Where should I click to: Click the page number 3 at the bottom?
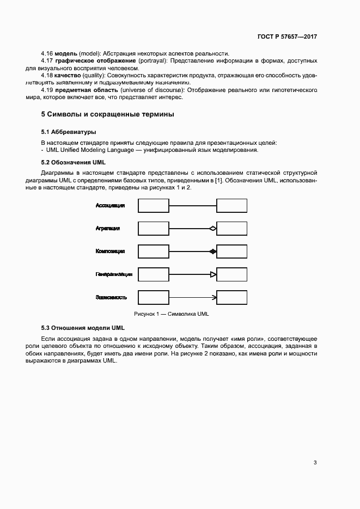tap(315, 463)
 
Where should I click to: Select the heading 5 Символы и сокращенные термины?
tap(108, 115)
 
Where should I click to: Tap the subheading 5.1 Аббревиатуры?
tap(69, 132)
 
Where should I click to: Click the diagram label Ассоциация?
tap(111, 206)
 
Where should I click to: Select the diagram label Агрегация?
tap(108, 229)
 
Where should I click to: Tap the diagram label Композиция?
tap(110, 252)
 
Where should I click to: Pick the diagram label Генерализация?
tap(114, 275)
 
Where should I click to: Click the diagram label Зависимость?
tap(112, 298)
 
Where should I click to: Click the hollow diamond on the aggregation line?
tap(213, 229)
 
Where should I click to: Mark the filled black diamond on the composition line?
tap(213, 252)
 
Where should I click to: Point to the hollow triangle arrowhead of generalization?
tap(213, 275)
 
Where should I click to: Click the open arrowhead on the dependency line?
tap(214, 298)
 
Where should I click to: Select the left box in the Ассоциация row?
tap(153, 206)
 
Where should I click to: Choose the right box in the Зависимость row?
tap(232, 298)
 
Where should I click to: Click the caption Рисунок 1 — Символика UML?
tap(172, 314)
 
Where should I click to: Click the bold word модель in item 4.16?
tap(66, 53)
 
